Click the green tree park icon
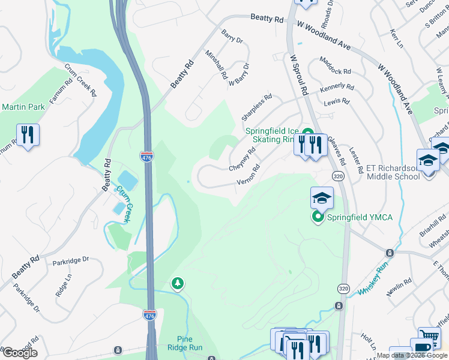(177, 283)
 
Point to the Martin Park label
(23, 107)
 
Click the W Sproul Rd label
(298, 76)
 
